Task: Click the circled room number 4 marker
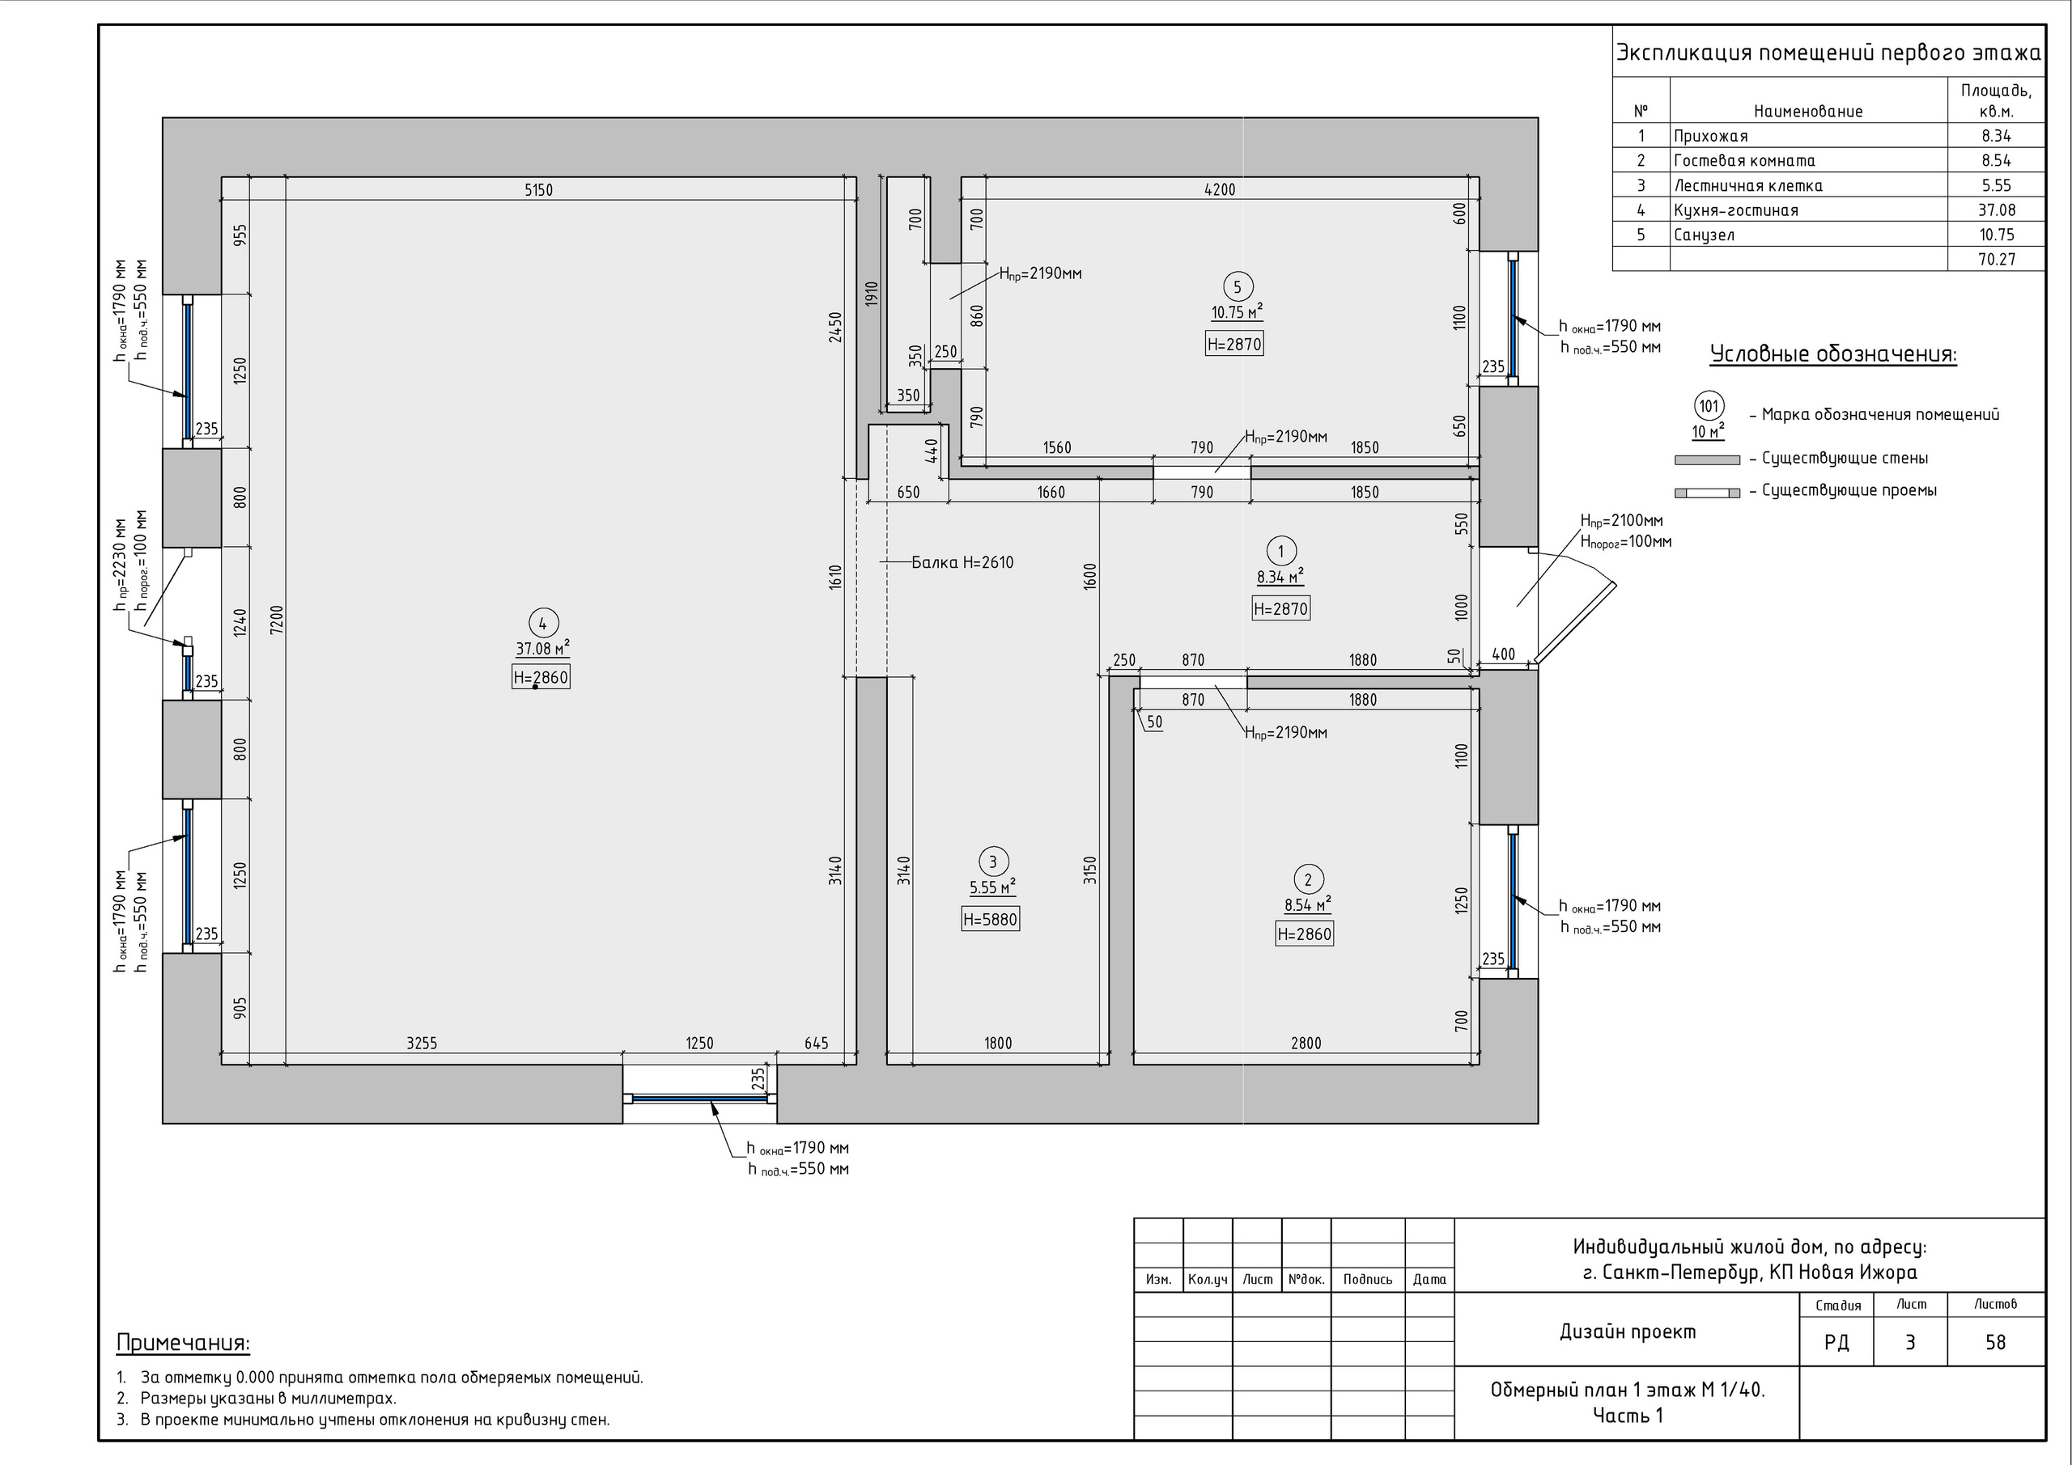(x=542, y=624)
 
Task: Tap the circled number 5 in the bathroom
(x=1238, y=288)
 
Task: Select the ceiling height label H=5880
(x=990, y=919)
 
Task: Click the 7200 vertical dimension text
(x=277, y=620)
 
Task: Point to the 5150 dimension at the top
(x=539, y=190)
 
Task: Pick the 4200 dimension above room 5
(x=1220, y=189)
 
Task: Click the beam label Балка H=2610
(x=963, y=563)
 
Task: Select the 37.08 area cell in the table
(x=1996, y=210)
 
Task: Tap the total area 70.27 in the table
(x=1996, y=260)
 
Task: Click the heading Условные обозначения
(x=1834, y=354)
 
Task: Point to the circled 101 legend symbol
(x=1709, y=407)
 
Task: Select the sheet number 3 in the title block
(x=1910, y=1342)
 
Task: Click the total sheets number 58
(x=1995, y=1342)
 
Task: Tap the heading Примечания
(x=183, y=1343)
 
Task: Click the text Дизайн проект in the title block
(x=1628, y=1332)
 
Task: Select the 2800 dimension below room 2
(x=1306, y=1044)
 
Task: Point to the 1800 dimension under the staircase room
(x=998, y=1044)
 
